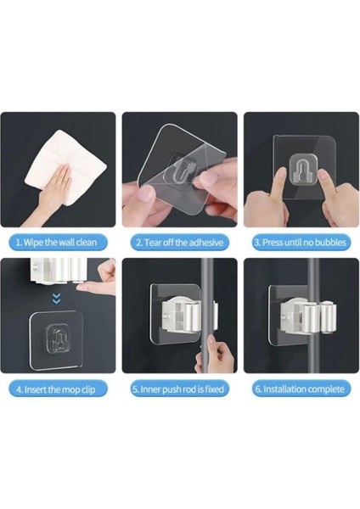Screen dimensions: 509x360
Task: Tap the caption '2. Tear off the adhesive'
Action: pyautogui.click(x=179, y=242)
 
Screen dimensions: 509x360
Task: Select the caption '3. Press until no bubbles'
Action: pyautogui.click(x=301, y=242)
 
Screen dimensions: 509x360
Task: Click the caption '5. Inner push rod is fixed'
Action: pyautogui.click(x=179, y=389)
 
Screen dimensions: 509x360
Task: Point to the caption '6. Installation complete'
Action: pyautogui.click(x=301, y=389)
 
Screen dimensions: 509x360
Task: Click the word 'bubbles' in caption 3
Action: pyautogui.click(x=327, y=242)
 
